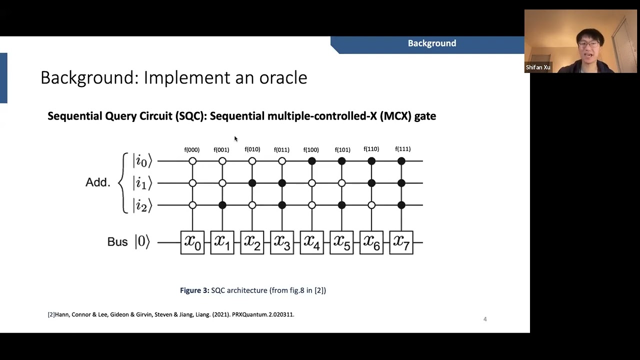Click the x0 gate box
(192, 242)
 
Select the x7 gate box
(401, 242)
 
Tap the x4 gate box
(311, 242)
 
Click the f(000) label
(192, 150)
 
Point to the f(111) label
(402, 149)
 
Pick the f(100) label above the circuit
(311, 150)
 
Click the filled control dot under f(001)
(222, 205)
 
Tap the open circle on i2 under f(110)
(371, 205)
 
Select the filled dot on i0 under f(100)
(312, 161)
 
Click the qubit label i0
(142, 161)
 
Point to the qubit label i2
(142, 205)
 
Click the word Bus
(117, 242)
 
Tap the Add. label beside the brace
(97, 182)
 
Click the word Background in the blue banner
(432, 43)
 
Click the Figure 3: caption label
(194, 290)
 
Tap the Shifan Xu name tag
(538, 67)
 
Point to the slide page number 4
(485, 319)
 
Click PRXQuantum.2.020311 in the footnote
(263, 314)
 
